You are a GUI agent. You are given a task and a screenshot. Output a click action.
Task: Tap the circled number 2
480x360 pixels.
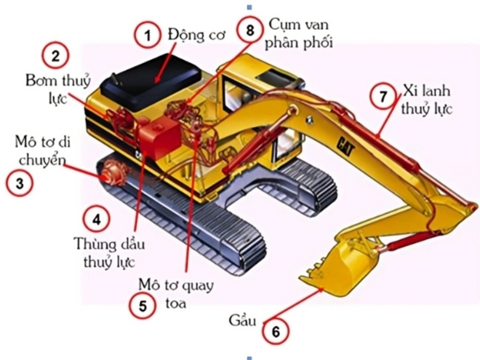point(56,56)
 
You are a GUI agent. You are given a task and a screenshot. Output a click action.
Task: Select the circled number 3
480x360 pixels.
point(19,183)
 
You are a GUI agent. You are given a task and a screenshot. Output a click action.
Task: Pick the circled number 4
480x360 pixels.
point(97,219)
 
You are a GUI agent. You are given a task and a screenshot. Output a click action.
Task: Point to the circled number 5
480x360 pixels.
point(143,306)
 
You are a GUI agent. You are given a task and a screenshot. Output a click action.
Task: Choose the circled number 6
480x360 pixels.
point(276,332)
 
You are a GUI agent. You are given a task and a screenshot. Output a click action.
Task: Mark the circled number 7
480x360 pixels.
point(383,96)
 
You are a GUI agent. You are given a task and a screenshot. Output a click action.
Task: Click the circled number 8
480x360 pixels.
point(250,30)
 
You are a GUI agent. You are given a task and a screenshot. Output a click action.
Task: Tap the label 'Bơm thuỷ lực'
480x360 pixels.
point(58,89)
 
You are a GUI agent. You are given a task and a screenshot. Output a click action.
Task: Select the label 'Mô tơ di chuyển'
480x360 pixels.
point(42,151)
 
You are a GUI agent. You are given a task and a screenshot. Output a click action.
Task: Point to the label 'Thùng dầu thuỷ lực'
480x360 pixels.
point(109,253)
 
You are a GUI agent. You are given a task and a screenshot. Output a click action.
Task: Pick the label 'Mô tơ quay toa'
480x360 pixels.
point(176,294)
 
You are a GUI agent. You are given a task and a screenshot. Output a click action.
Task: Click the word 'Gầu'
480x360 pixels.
point(242,321)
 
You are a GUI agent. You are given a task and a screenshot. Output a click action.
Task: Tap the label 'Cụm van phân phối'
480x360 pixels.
point(298,34)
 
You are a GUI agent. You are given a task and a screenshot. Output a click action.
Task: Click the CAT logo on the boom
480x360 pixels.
point(346,147)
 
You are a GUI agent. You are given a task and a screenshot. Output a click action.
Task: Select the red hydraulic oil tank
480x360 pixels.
point(159,137)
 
